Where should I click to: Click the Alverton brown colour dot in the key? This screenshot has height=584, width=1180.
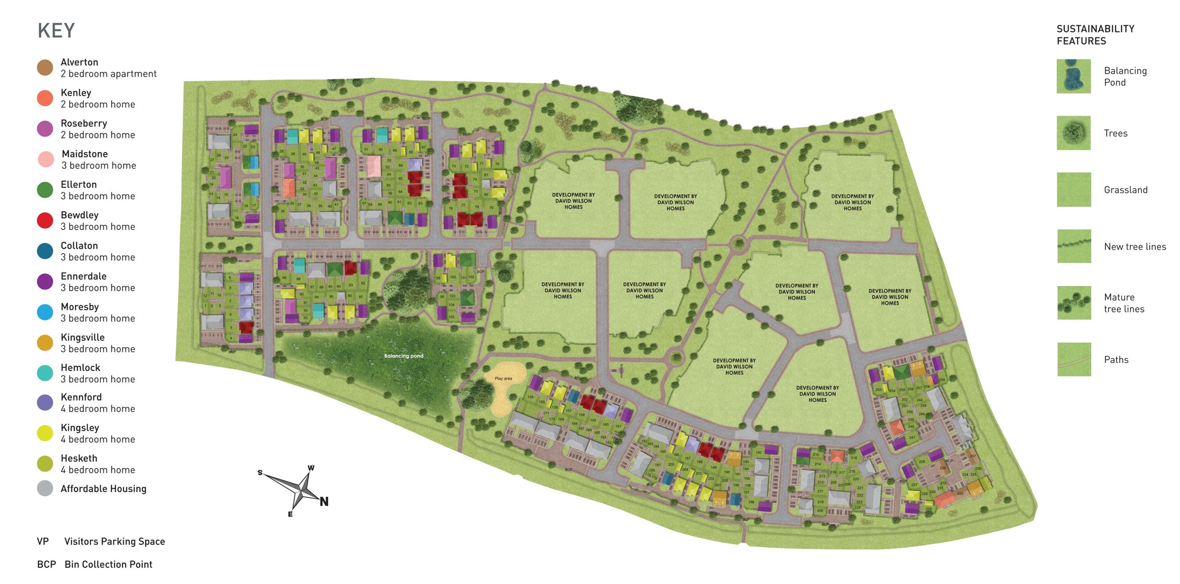pos(45,68)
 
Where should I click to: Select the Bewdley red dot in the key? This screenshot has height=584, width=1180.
pos(45,220)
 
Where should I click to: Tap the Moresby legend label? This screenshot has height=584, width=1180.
pos(80,307)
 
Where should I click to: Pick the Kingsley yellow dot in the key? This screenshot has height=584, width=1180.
pos(45,433)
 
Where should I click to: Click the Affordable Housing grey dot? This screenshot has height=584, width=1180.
pos(45,489)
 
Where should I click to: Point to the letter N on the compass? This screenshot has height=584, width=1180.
pos(324,502)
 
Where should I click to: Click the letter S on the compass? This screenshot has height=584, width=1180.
pos(260,473)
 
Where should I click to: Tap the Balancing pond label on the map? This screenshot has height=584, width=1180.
pos(404,356)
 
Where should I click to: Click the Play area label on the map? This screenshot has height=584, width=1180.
pos(503,379)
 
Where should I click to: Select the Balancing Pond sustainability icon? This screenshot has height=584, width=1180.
pos(1074,76)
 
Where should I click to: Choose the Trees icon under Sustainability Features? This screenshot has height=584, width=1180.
pos(1074,133)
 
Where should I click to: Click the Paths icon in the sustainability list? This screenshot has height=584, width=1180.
pos(1074,359)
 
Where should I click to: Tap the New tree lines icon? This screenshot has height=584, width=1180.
pos(1074,246)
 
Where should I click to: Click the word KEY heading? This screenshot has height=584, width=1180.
pos(56,31)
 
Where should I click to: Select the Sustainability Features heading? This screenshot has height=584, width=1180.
pos(1095,35)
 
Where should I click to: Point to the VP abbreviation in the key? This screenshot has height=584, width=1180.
pos(43,541)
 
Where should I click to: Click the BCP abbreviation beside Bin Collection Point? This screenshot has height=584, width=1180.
pos(46,564)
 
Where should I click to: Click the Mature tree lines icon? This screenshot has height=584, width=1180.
pos(1074,303)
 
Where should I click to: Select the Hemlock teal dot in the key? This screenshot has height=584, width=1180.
pos(45,373)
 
